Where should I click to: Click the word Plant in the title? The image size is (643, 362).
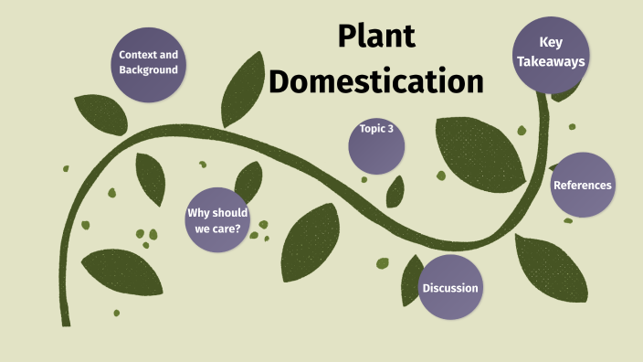point(375,37)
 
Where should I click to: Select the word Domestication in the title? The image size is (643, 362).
point(375,81)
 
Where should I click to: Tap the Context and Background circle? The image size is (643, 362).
point(148,62)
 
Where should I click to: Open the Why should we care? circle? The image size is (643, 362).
point(217,220)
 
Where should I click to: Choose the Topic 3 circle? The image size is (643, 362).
point(377,144)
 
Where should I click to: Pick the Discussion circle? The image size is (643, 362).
point(449,288)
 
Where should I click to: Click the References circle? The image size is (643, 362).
point(582,186)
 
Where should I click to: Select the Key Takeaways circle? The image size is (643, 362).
point(549,52)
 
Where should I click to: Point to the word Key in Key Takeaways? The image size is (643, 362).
point(550,42)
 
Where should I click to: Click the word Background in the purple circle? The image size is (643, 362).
point(148,70)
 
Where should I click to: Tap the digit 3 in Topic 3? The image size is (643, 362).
point(391,129)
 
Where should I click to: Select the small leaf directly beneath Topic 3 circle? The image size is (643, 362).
point(395,191)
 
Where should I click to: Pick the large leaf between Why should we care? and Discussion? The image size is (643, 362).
point(311,240)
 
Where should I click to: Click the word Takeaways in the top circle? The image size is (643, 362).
point(549,62)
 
